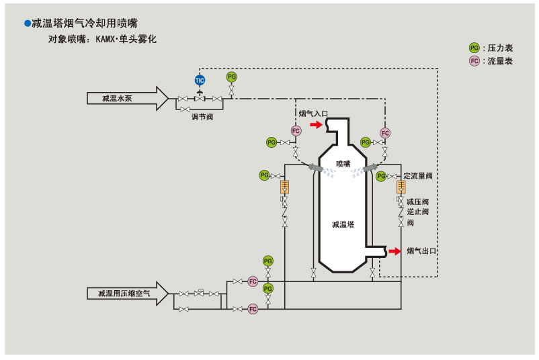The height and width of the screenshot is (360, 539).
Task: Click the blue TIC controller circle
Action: [x=200, y=80]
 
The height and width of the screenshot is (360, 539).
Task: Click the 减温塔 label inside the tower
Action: [x=343, y=224]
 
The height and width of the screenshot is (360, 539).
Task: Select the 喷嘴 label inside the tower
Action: [x=343, y=164]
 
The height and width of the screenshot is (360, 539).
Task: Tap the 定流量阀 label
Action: [x=417, y=176]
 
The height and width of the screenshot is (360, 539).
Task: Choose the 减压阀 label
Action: [x=417, y=201]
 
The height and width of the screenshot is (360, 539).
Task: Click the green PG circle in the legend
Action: [x=474, y=48]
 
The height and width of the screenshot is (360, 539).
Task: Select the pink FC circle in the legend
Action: [x=474, y=61]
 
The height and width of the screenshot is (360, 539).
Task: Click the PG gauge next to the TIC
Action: [x=232, y=77]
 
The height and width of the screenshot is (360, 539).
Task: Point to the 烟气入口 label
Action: [x=313, y=114]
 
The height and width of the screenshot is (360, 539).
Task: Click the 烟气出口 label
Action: [x=421, y=251]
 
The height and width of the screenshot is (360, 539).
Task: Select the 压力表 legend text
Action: [x=501, y=48]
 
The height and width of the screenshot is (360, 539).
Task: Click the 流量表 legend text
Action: [x=501, y=61]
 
